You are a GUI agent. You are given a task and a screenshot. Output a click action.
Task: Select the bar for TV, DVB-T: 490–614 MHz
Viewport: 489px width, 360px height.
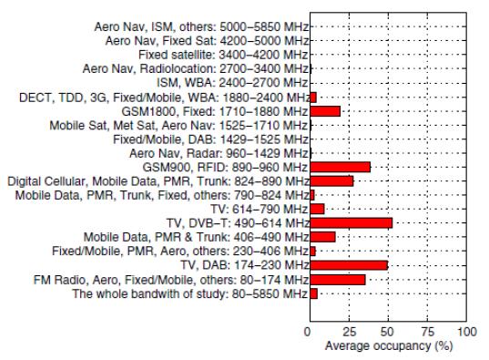[351, 222]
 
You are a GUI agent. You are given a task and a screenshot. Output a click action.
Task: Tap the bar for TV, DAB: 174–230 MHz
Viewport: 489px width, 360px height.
[349, 265]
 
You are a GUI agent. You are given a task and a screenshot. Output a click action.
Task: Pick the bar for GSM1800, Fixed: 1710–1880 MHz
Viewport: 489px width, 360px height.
[325, 110]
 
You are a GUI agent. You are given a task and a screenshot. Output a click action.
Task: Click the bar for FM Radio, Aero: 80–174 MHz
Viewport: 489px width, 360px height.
[337, 279]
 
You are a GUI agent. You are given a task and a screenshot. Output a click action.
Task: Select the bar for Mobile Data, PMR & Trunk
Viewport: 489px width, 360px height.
[322, 237]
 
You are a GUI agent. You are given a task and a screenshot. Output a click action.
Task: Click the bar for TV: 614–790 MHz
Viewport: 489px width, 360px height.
[317, 209]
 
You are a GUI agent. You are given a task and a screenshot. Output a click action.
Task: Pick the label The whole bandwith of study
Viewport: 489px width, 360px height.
[188, 293]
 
